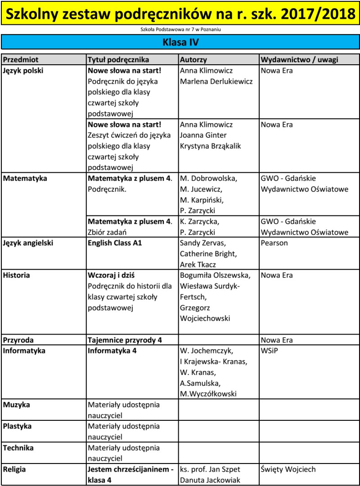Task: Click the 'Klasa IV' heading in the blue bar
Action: pyautogui.click(x=180, y=42)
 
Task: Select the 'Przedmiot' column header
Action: pyautogui.click(x=21, y=60)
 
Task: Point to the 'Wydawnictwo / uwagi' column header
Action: pyautogui.click(x=299, y=60)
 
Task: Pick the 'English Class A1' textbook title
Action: pyautogui.click(x=115, y=243)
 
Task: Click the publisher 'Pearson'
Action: pyautogui.click(x=274, y=243)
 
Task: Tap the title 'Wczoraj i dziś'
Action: pyautogui.click(x=112, y=275)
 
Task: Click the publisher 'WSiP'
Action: pyautogui.click(x=269, y=351)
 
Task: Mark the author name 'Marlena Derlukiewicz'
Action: pyautogui.click(x=216, y=81)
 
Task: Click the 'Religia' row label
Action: pyautogui.click(x=15, y=469)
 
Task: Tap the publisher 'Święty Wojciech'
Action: pyautogui.click(x=288, y=469)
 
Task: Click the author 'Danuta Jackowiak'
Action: pyautogui.click(x=210, y=480)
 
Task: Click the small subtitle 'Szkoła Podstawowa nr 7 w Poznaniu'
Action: pyautogui.click(x=180, y=30)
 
